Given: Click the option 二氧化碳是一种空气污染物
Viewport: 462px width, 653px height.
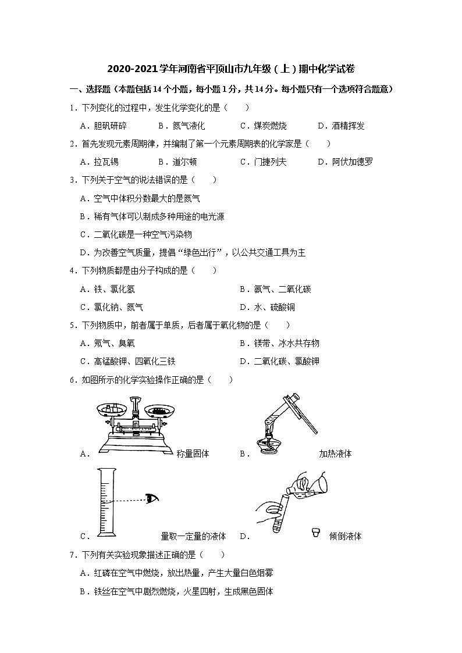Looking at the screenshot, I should click(143, 234).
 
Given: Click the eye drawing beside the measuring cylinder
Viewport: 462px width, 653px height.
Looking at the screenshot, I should click(152, 498).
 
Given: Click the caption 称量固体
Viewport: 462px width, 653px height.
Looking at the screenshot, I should click(193, 454).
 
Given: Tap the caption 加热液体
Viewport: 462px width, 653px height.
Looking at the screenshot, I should click(335, 454).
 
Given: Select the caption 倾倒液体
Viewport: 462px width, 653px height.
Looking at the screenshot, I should click(345, 537).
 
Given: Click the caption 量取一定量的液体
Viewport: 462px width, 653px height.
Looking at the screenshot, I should click(193, 536).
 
